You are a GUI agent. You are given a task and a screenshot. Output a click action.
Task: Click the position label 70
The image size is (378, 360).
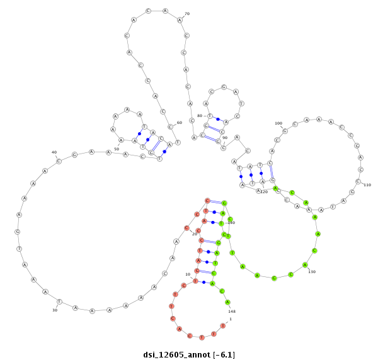(x=187, y=14)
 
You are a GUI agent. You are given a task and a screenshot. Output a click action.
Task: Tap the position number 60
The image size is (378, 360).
(x=179, y=123)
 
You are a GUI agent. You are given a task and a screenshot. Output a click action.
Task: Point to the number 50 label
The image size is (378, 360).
(x=117, y=149)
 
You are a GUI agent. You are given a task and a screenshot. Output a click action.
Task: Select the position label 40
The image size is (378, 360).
(x=54, y=152)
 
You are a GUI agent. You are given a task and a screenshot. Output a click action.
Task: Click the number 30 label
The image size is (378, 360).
(x=55, y=310)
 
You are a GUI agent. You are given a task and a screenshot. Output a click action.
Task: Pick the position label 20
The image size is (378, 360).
(x=195, y=234)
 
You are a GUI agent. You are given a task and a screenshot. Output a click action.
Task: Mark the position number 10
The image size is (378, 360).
(x=188, y=274)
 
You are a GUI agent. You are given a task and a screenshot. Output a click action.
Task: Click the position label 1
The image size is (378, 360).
(x=231, y=320)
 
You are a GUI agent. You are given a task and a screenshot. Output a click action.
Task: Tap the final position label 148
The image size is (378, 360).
(x=232, y=311)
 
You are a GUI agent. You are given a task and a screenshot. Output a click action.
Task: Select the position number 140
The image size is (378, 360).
(x=231, y=223)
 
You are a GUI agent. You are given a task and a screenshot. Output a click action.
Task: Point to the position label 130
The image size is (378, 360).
(x=312, y=272)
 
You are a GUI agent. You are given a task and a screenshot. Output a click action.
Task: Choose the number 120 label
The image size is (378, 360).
(x=264, y=191)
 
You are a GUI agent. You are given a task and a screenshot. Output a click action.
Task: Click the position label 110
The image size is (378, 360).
(x=367, y=185)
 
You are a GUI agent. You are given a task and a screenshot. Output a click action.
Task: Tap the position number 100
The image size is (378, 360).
(x=278, y=123)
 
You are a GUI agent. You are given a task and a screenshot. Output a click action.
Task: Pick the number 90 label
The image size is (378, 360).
(x=225, y=137)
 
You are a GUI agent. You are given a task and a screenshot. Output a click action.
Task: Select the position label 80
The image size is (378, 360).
(x=200, y=116)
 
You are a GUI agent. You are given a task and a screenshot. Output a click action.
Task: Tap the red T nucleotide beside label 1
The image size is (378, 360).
(x=223, y=325)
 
